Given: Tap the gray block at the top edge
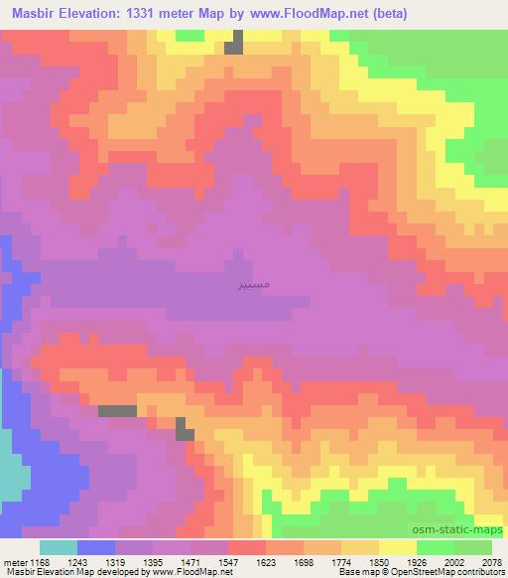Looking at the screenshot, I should [233, 43].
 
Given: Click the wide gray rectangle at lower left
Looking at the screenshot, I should [117, 410].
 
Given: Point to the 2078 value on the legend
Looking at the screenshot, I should [490, 560].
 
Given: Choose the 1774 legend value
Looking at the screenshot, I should [340, 560].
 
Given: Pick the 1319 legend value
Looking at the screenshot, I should [115, 560].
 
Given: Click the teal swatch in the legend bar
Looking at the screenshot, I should [59, 547].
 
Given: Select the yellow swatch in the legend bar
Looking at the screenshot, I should [397, 547].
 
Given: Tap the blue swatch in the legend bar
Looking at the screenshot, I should [96, 547].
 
